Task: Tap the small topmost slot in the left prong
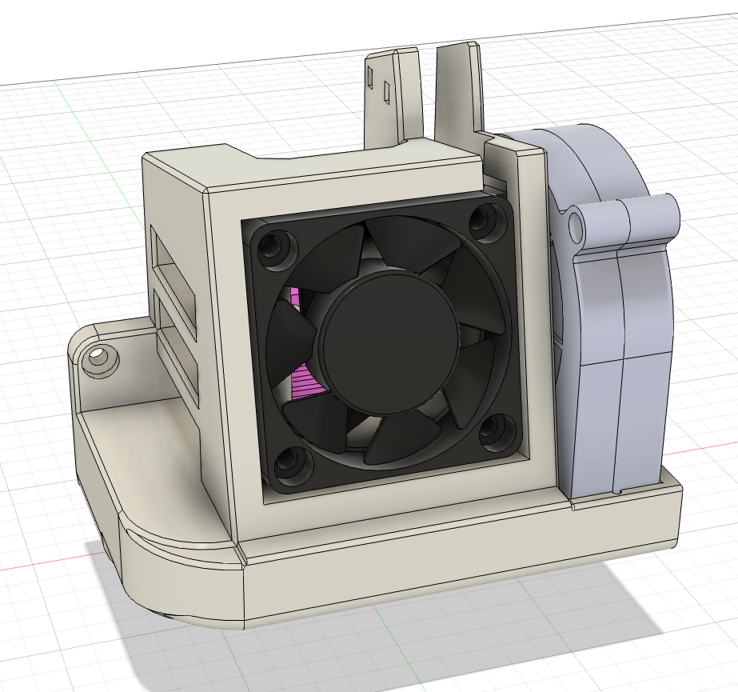[370, 77]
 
